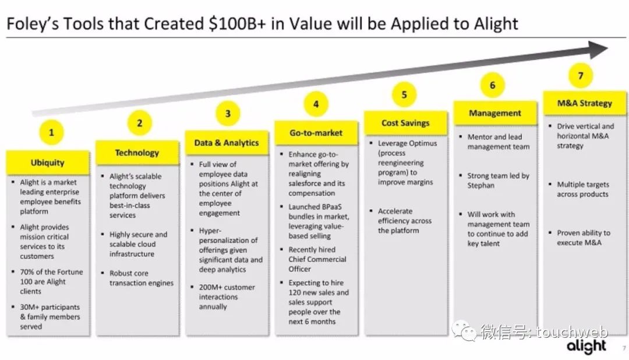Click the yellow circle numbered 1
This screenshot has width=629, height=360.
pyautogui.click(x=51, y=132)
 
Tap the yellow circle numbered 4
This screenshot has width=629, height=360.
pyautogui.click(x=316, y=104)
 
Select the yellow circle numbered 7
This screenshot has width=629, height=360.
pyautogui.click(x=581, y=76)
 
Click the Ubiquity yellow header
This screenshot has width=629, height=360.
pyautogui.click(x=48, y=163)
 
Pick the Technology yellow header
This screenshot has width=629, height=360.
pyautogui.click(x=137, y=153)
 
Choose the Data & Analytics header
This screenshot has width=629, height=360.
pyautogui.click(x=227, y=143)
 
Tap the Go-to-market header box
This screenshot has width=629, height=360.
pyautogui.click(x=316, y=133)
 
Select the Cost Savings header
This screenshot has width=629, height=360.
pyautogui.click(x=405, y=123)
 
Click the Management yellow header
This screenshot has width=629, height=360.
pyautogui.click(x=495, y=113)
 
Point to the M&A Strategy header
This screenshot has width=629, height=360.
pyautogui.click(x=585, y=103)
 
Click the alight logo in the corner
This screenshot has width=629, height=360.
pyautogui.click(x=586, y=347)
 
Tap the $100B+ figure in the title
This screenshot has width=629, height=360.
pyautogui.click(x=237, y=24)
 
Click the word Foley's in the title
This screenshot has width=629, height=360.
pyautogui.click(x=32, y=24)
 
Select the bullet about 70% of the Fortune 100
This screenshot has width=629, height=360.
pyautogui.click(x=48, y=281)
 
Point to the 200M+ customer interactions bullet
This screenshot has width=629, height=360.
pyautogui.click(x=224, y=297)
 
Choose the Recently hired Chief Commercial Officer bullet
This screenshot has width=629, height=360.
pyautogui.click(x=314, y=259)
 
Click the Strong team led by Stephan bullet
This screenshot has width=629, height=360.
pyautogui.click(x=494, y=181)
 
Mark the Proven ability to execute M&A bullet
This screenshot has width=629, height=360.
pyautogui.click(x=580, y=238)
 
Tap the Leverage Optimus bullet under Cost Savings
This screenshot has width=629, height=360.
pyautogui.click(x=404, y=163)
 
